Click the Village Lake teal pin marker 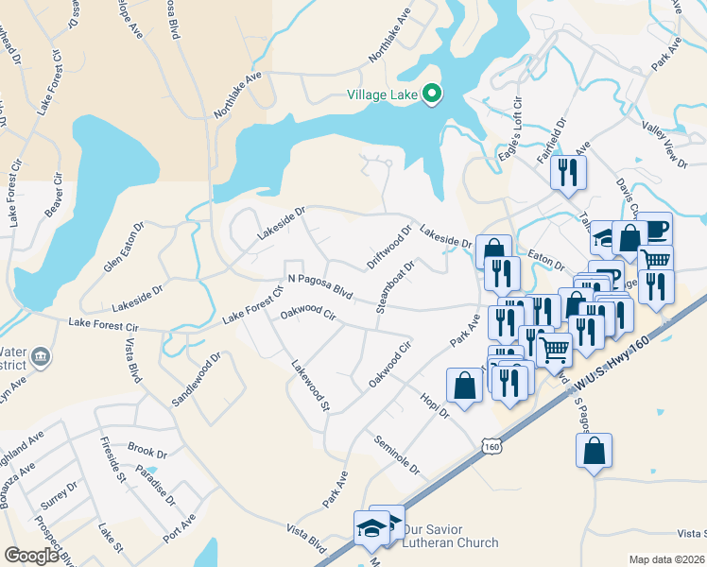432,93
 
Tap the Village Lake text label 382,94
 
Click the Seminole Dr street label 396,455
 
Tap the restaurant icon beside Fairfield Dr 568,171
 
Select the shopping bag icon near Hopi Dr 464,387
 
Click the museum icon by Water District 41,356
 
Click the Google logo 31,556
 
